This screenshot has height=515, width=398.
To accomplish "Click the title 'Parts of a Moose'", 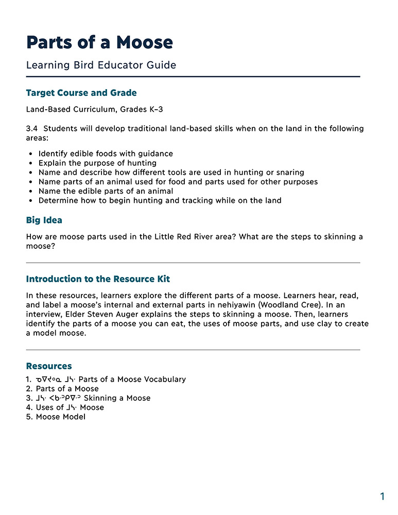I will click(99, 42).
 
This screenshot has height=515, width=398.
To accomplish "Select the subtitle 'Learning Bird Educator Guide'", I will click(101, 65).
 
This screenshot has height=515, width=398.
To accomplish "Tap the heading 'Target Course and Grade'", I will click(81, 93).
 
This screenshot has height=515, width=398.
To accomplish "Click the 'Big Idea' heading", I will click(44, 220).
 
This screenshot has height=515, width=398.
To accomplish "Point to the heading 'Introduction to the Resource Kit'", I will click(98, 279).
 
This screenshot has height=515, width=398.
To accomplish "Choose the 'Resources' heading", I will click(49, 366).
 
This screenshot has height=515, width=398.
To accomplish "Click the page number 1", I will click(382, 496).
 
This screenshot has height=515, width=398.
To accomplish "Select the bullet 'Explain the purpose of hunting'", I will click(97, 163).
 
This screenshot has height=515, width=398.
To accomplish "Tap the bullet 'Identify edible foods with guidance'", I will click(106, 153).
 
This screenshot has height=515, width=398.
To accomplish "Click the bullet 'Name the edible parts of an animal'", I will click(106, 191).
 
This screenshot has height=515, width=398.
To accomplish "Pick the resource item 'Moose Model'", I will click(60, 417).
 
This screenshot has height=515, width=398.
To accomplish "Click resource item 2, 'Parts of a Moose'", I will click(67, 389).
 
